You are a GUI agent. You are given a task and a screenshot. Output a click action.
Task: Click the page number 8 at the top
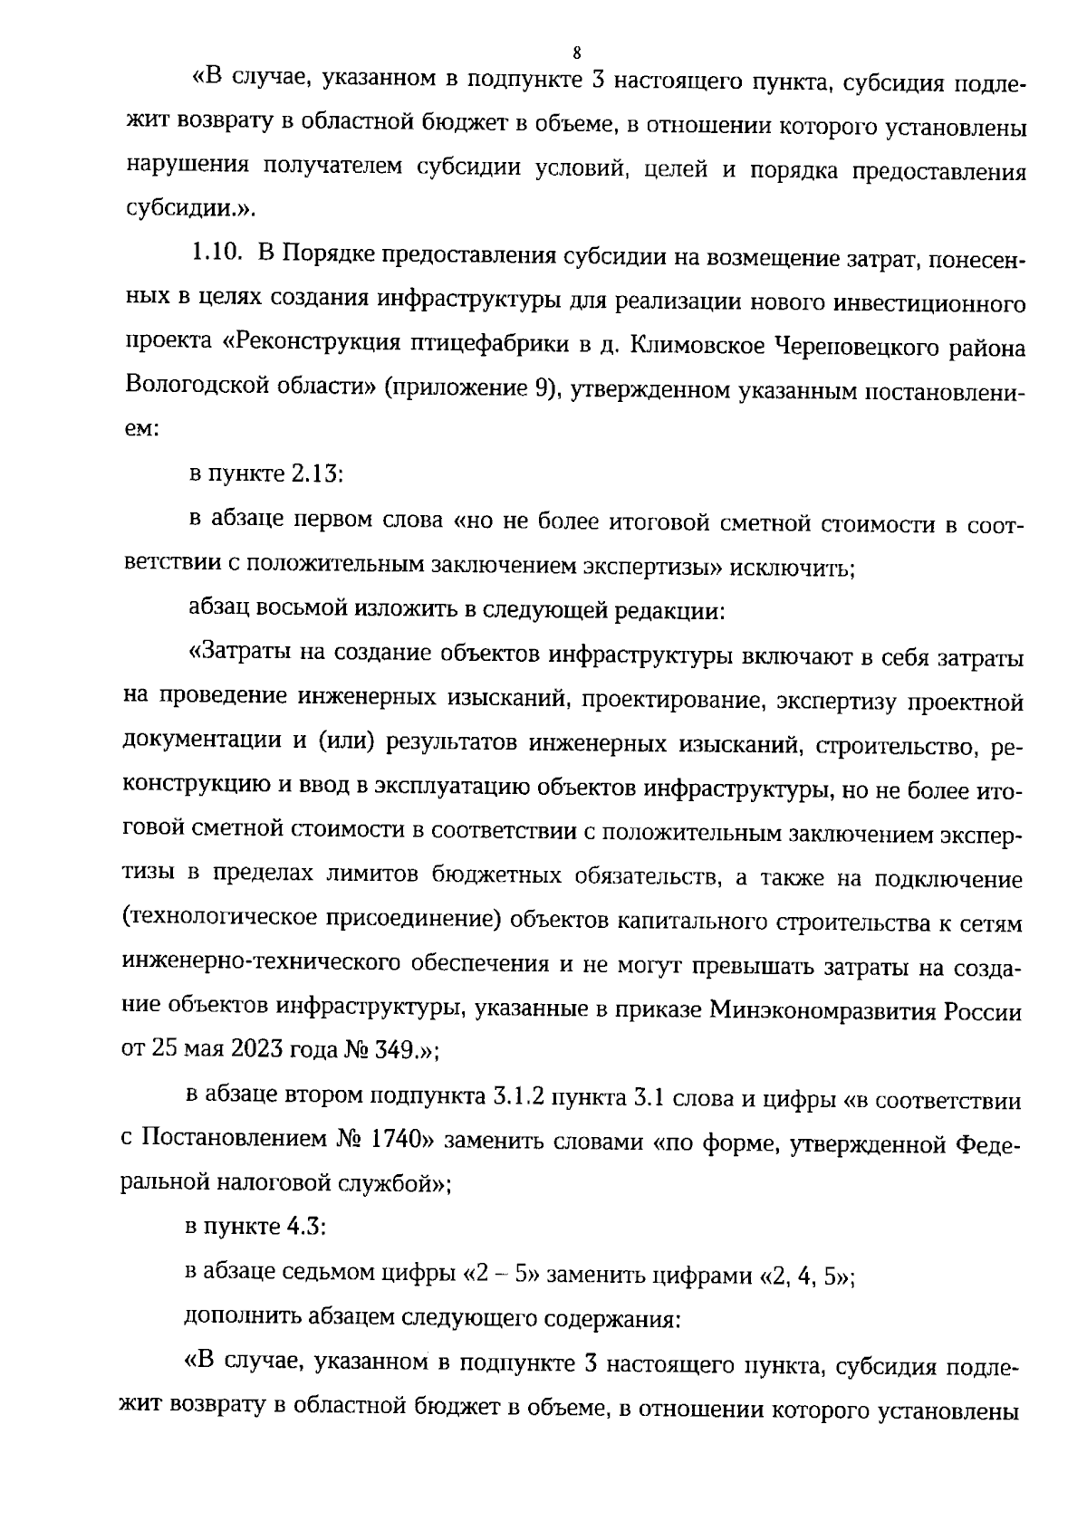[576, 52]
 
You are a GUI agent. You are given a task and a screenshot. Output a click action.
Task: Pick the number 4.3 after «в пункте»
[306, 1228]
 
